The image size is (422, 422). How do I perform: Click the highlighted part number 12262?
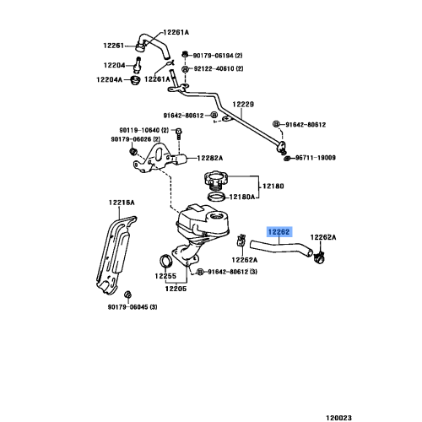tap(280, 230)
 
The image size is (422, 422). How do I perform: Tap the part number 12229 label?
tap(243, 105)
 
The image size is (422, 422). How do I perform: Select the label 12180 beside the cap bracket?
tap(273, 185)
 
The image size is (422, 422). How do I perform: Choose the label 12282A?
tap(209, 157)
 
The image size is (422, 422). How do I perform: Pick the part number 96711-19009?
tap(316, 158)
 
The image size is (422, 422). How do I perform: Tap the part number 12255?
tap(165, 276)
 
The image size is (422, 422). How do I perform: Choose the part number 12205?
tap(176, 289)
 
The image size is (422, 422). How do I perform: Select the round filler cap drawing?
tap(214, 181)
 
